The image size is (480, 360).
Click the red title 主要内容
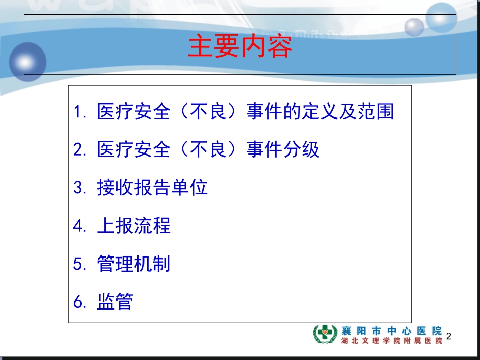coord(240,46)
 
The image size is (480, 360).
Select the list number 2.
coord(80,149)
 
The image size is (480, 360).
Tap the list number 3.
coord(80,187)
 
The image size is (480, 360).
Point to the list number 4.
coord(80,226)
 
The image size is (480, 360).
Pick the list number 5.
coord(80,264)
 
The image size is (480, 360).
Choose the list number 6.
coord(80,302)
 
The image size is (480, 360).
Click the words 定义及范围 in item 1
coord(348,111)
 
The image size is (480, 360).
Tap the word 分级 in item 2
coord(301,149)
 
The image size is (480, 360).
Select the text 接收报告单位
coord(152,187)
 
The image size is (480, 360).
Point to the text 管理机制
coord(133,264)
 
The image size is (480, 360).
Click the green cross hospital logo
coord(325,334)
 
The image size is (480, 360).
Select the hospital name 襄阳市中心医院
coord(392,331)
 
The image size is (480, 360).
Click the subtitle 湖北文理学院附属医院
coord(392,340)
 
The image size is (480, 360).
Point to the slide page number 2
coord(449,336)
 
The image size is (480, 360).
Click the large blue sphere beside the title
coord(28,62)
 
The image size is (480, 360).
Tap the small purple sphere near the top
coord(414,27)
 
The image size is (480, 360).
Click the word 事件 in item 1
coord(264,111)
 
